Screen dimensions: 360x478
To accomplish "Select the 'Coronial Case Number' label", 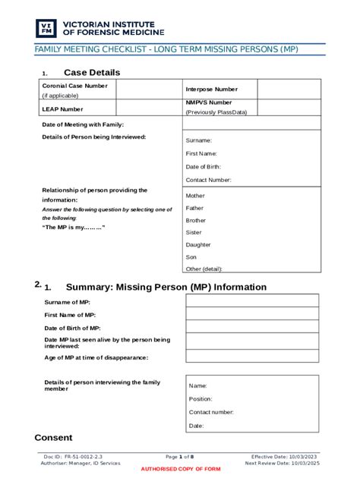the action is [x=74, y=86].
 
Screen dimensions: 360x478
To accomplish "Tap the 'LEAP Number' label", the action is [x=62, y=109].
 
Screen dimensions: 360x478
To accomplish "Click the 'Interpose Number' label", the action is [x=210, y=90].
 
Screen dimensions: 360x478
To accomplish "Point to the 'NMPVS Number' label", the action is [x=209, y=102].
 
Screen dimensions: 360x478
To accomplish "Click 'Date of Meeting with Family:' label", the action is [x=83, y=124].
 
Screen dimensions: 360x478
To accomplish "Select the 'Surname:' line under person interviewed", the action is [x=199, y=140].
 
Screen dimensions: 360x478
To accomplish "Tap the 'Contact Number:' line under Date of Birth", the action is [x=209, y=180].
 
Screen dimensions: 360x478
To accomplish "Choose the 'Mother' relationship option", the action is [x=195, y=195].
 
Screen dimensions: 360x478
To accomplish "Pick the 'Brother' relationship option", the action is [x=196, y=220].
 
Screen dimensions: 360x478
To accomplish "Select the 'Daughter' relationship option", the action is [x=198, y=244].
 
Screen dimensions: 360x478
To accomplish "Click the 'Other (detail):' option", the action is [x=204, y=269].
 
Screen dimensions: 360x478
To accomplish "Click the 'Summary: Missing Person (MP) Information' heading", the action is [x=166, y=288].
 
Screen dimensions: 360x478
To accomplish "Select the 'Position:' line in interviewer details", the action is [x=201, y=398].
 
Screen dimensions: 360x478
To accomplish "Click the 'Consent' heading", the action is [x=54, y=438].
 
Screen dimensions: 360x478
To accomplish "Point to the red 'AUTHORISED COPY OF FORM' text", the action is [x=181, y=469].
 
